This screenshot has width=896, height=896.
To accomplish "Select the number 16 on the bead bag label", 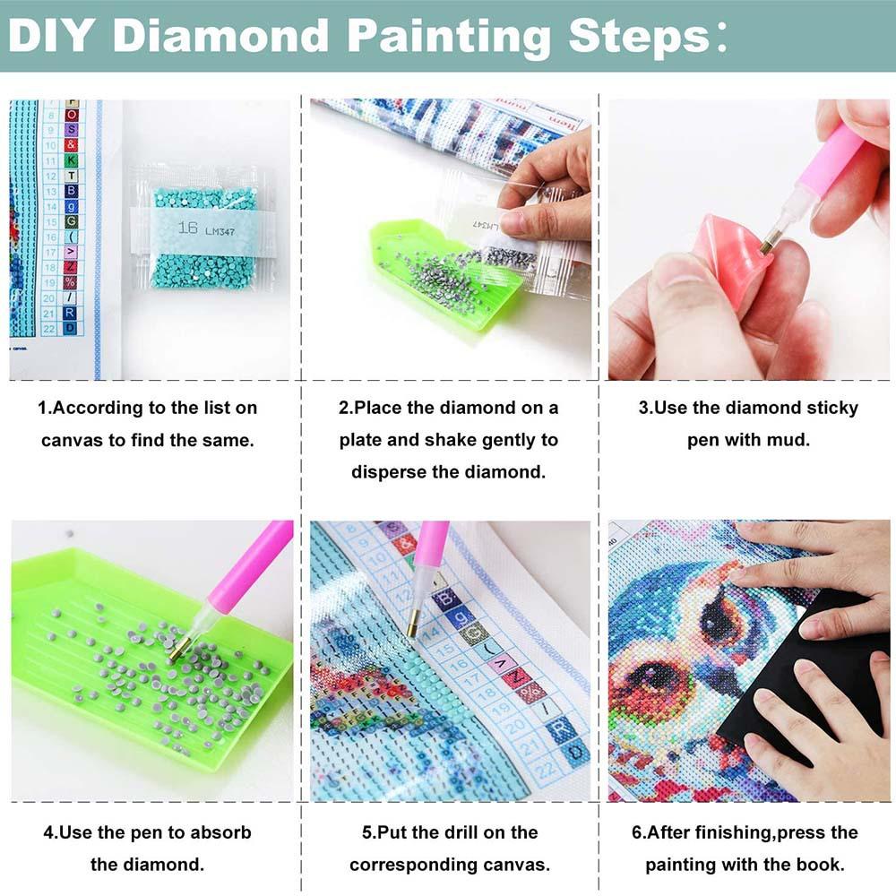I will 187,229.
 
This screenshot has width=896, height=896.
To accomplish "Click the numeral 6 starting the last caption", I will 635,832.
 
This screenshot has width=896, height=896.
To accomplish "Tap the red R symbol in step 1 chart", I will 70,313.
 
